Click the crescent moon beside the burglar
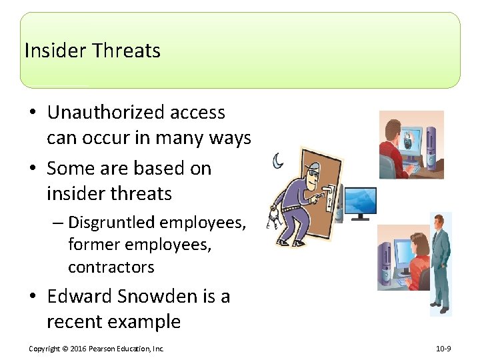277,161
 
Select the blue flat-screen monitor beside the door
360,201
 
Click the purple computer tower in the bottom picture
385,263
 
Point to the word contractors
111,267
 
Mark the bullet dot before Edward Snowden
34,297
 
